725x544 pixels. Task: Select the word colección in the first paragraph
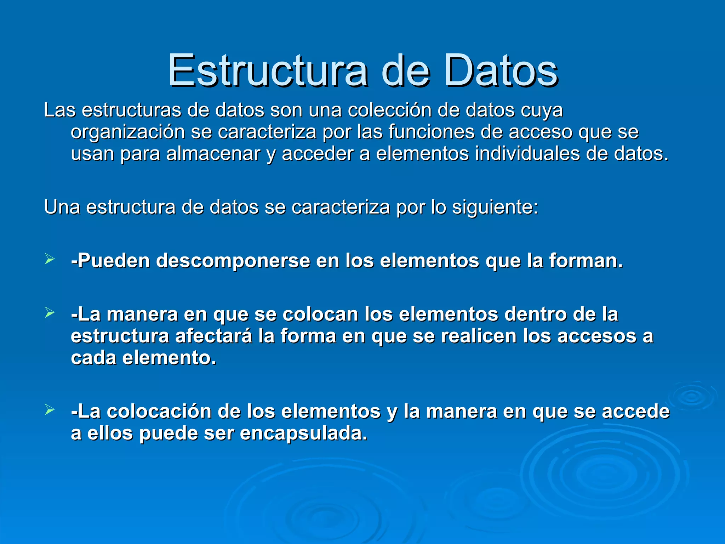[x=389, y=110]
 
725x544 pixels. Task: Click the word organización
[x=128, y=132]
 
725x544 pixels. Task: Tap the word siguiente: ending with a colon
[x=495, y=207]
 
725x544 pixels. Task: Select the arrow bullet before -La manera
[x=50, y=312]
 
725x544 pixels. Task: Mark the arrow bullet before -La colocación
[x=50, y=410]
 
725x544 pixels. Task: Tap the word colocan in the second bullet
[x=320, y=314]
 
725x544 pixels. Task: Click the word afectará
[x=214, y=336]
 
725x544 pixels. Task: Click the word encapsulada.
[x=304, y=433]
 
